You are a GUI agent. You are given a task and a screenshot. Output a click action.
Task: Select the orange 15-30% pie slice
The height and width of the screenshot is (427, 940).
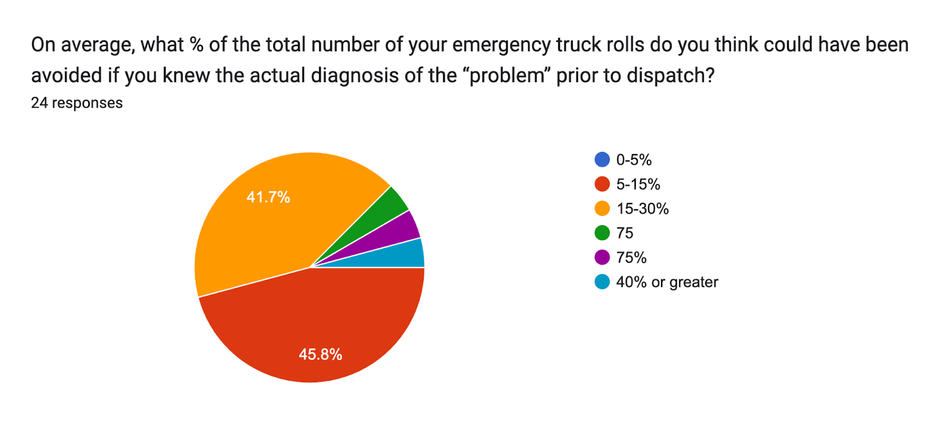point(258,229)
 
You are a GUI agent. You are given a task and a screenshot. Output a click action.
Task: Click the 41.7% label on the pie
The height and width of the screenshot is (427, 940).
point(268,197)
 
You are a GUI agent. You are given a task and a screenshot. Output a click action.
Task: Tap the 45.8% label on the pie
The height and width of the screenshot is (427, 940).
point(320,354)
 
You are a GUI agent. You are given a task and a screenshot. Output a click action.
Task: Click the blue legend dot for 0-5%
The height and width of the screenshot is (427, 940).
point(602,159)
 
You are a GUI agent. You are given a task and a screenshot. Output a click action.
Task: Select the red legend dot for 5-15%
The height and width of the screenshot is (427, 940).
point(602,184)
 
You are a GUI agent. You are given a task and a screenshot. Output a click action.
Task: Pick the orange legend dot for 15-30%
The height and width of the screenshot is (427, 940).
point(602,209)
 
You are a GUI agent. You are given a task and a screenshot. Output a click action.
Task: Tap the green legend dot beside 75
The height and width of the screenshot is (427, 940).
point(602,233)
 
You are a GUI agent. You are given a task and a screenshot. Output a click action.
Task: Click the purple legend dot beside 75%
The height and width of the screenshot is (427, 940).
point(602,258)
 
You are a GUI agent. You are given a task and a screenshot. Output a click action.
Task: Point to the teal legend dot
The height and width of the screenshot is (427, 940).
point(602,282)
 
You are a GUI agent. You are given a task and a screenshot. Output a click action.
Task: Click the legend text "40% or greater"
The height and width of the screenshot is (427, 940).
point(667,282)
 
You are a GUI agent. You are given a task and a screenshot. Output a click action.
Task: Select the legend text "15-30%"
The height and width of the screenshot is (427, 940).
point(642,209)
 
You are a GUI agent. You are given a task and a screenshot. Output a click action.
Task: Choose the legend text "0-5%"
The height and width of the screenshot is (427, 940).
point(633,159)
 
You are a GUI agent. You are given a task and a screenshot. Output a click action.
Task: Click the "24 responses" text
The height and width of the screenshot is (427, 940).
point(76,103)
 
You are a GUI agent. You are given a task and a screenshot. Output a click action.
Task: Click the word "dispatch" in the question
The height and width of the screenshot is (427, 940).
point(666,75)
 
